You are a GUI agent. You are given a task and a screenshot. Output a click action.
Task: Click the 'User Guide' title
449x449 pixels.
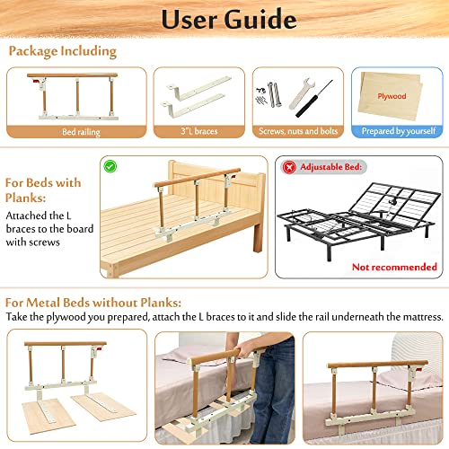(224, 18)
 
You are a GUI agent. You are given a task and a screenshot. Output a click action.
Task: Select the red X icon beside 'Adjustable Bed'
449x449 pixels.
(289, 167)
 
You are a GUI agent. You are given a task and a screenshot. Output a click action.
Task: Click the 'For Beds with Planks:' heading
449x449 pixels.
(42, 190)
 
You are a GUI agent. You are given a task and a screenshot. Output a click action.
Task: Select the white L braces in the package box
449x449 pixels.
(191, 99)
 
